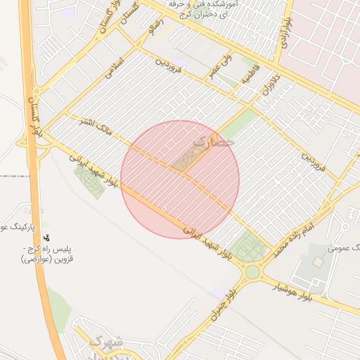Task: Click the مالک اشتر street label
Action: click(94, 126)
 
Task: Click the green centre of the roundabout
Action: click(252, 271)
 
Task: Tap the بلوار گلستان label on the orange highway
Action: click(33, 112)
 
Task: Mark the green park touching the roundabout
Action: click(248, 245)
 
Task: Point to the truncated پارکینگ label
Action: click(14, 227)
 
